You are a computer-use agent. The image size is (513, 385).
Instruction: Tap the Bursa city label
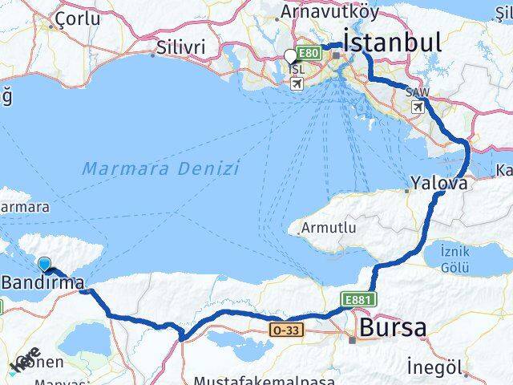(393, 327)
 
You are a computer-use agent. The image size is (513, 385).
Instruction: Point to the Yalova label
(438, 183)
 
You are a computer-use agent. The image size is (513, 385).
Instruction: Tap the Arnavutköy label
(318, 13)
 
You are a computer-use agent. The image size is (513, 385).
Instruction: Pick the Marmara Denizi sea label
(160, 169)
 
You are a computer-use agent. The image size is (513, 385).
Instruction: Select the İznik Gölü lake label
(455, 258)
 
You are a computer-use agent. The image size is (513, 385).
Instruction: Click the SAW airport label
(417, 93)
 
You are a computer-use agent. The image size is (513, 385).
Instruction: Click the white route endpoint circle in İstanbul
(290, 56)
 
